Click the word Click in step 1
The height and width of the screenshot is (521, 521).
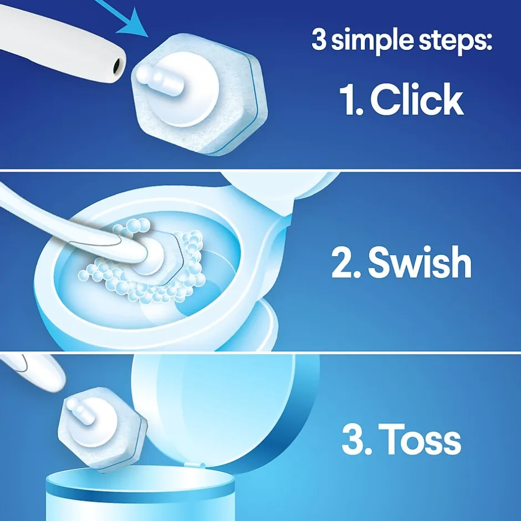pos(417,99)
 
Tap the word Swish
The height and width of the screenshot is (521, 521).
pos(420,262)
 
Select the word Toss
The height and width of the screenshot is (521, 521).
pos(420,440)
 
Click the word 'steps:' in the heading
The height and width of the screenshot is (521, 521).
pos(455,40)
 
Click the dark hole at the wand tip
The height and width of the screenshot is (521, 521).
pos(118,66)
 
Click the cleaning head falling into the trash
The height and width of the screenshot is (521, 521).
pos(103,428)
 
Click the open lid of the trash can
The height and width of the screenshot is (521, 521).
pos(221,412)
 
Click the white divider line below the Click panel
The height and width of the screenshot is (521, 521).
pos(260,171)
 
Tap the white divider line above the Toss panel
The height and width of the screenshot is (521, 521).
pos(260,352)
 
